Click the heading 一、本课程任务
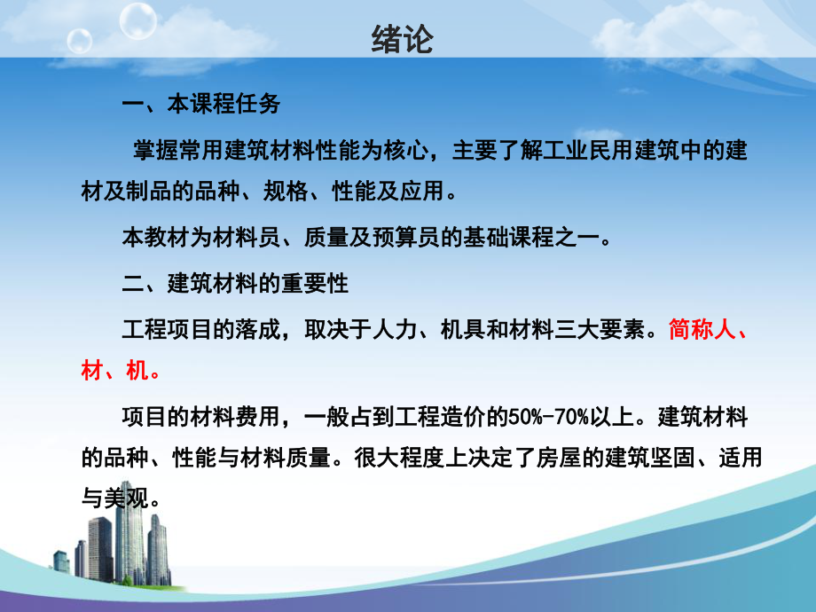(x=200, y=105)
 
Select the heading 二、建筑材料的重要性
(x=235, y=284)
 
